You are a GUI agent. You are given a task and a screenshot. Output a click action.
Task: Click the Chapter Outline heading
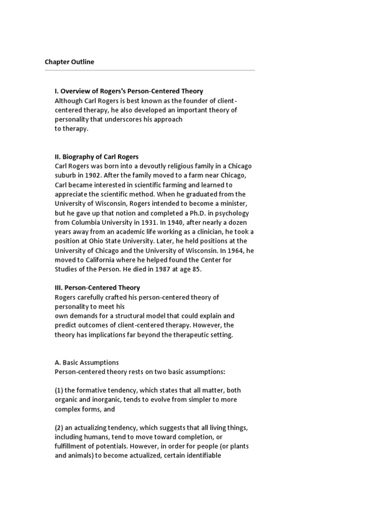tap(69, 62)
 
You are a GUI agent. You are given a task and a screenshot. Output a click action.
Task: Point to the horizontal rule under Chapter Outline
tap(150, 70)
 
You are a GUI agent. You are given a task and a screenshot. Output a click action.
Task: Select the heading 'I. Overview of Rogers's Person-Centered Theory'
tap(128, 91)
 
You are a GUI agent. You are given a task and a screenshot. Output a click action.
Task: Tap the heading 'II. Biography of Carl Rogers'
tap(96, 157)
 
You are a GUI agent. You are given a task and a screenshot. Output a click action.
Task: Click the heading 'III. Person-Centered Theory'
tap(97, 288)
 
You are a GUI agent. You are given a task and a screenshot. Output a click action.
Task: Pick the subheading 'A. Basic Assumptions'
tap(86, 363)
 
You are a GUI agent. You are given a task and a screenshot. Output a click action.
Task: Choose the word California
tap(102, 260)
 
